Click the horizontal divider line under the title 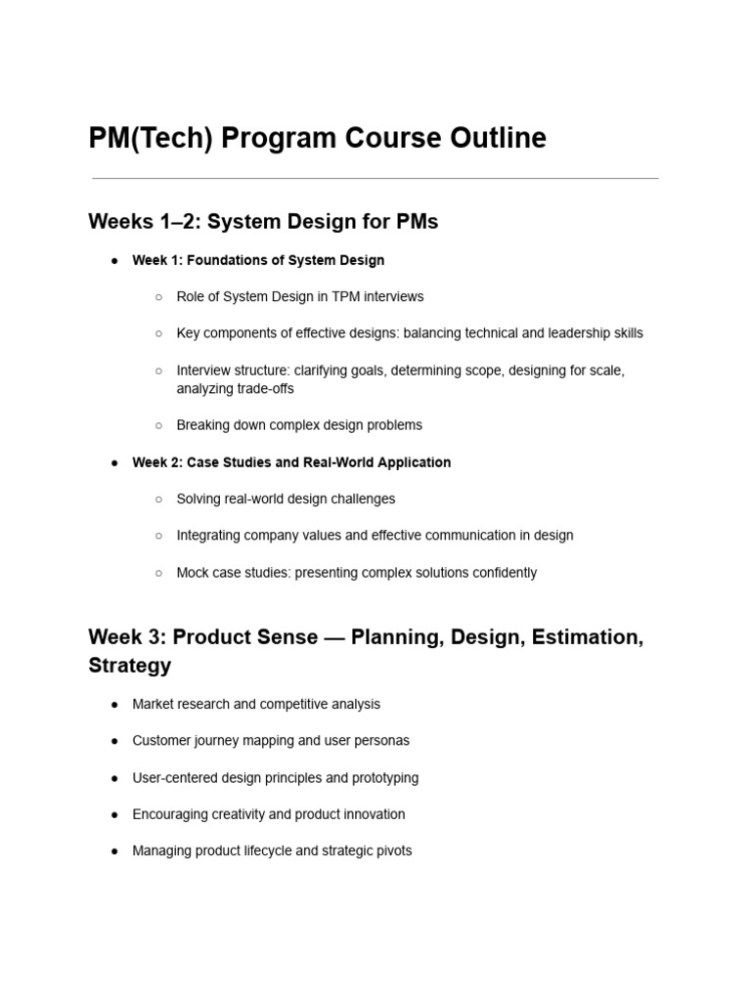coord(375,179)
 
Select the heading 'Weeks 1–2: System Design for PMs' coord(263,222)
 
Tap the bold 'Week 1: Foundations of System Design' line coord(258,260)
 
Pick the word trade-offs coord(262,388)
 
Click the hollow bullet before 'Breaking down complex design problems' coord(158,425)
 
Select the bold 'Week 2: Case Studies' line coord(291,462)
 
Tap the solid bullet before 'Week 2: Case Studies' coord(114,462)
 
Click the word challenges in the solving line coord(363,499)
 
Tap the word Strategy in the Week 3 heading coord(130,666)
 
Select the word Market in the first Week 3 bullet coord(153,704)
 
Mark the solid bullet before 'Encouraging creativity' coord(114,814)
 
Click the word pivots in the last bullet coord(392,851)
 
